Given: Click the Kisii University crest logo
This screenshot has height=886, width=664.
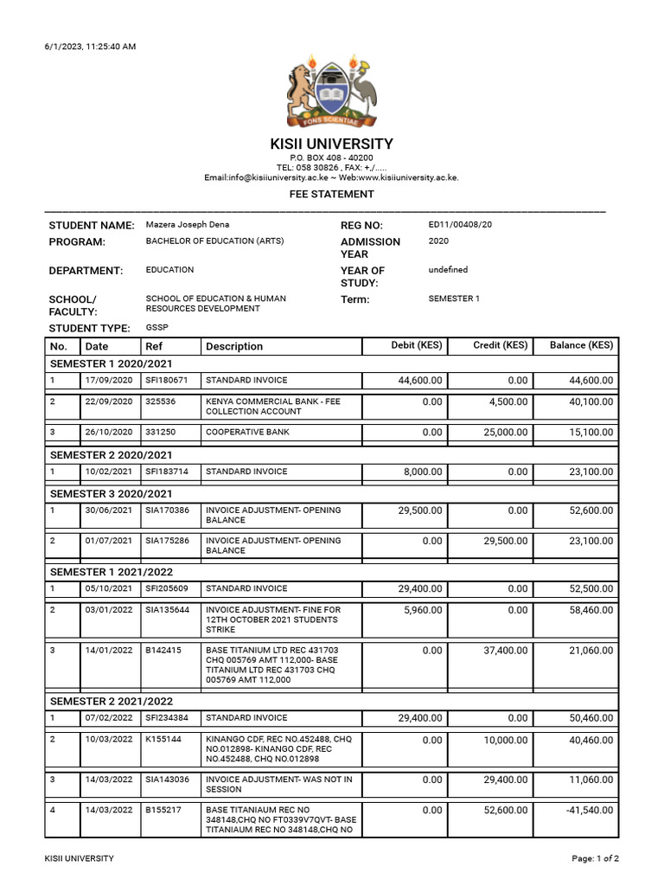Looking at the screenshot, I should point(332,93).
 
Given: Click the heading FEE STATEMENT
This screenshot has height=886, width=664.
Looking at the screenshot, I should point(331,195).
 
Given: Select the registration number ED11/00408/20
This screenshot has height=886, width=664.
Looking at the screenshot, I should point(460,225).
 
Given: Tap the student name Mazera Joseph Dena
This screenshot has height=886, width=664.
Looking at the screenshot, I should point(188,225).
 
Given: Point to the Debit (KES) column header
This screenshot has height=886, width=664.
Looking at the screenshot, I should point(416,346).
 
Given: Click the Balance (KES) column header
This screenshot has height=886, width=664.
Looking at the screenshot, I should point(581,346).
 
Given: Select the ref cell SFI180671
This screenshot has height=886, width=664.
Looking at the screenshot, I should point(167,381).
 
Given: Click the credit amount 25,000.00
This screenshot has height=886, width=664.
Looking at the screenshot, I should point(501,433).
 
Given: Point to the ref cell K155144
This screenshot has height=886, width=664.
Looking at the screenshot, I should point(163,741).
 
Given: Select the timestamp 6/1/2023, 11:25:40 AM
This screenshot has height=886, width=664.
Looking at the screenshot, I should point(90,47).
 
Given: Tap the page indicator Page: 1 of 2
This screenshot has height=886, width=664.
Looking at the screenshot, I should point(596,859).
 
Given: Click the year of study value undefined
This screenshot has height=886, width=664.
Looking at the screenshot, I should point(448,270).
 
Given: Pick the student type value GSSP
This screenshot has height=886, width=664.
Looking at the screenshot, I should point(157,328).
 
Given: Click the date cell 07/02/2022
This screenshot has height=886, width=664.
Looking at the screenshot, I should point(109,718).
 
